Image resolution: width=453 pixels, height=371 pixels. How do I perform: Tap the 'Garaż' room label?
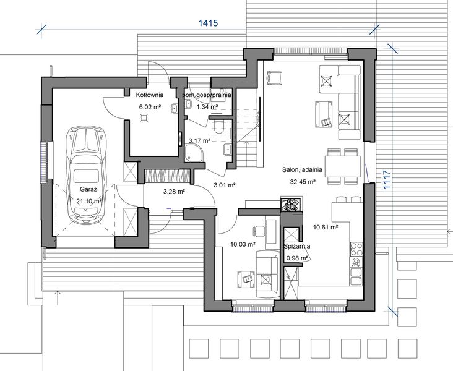tap(87, 191)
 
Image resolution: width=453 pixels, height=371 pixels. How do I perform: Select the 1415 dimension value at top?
tap(209, 23)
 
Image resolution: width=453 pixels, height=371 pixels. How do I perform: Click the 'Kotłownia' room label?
tap(149, 96)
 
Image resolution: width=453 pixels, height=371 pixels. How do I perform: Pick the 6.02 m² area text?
tap(149, 106)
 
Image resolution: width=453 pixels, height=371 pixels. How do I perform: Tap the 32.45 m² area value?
tap(302, 182)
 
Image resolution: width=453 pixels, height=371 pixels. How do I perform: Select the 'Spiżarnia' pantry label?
tap(297, 246)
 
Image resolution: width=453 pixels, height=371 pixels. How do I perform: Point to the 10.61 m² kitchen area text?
tap(325, 227)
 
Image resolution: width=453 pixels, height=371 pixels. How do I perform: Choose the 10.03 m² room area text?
tap(243, 244)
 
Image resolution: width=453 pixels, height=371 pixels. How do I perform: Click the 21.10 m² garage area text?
tap(88, 202)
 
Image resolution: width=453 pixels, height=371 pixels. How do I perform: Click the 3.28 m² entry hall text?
tap(174, 192)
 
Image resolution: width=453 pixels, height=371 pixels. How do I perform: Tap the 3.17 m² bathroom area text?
tap(199, 141)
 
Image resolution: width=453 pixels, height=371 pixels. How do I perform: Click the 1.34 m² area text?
tap(207, 106)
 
